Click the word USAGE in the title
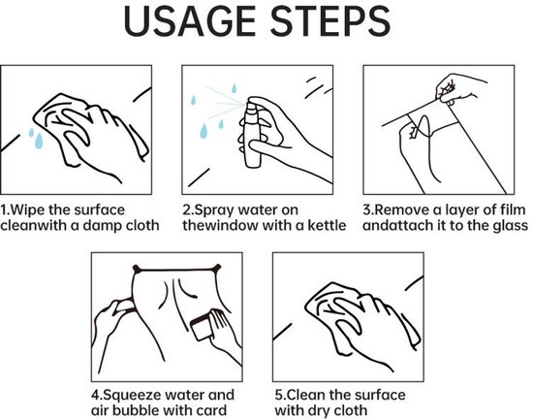click(189, 21)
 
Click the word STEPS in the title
click(330, 21)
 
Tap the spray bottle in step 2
click(253, 133)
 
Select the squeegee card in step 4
click(202, 328)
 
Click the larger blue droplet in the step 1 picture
click(39, 141)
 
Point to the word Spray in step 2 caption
click(213, 210)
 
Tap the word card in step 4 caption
click(212, 410)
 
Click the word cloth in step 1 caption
click(144, 225)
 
